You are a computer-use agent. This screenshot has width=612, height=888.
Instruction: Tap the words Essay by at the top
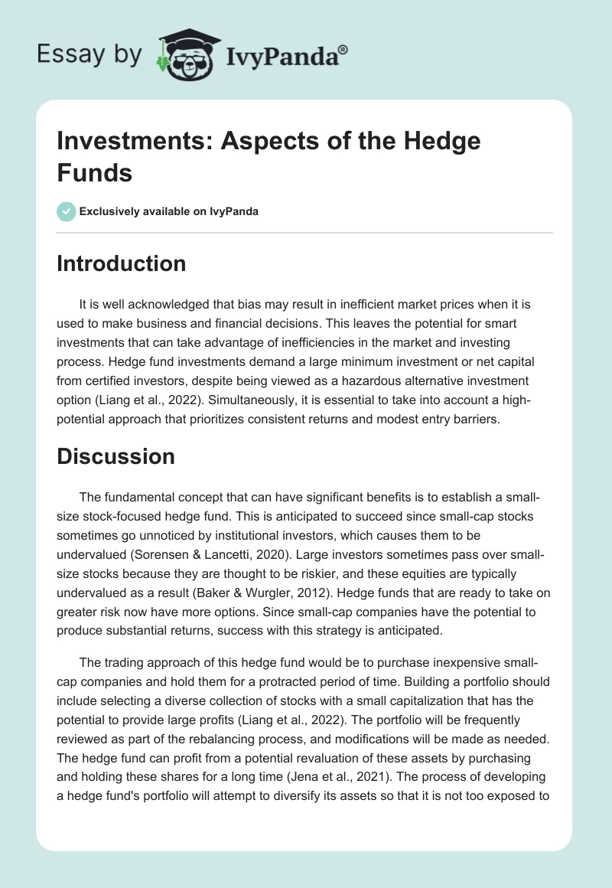pyautogui.click(x=90, y=54)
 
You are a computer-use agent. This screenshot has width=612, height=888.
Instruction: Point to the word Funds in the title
pyautogui.click(x=95, y=172)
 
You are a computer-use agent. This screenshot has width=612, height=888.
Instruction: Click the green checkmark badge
pyautogui.click(x=67, y=211)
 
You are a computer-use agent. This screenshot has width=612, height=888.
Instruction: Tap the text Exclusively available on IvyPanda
pyautogui.click(x=168, y=212)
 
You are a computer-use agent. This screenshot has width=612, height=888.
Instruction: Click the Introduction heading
pyautogui.click(x=122, y=263)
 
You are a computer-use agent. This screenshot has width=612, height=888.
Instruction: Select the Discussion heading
pyautogui.click(x=116, y=456)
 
